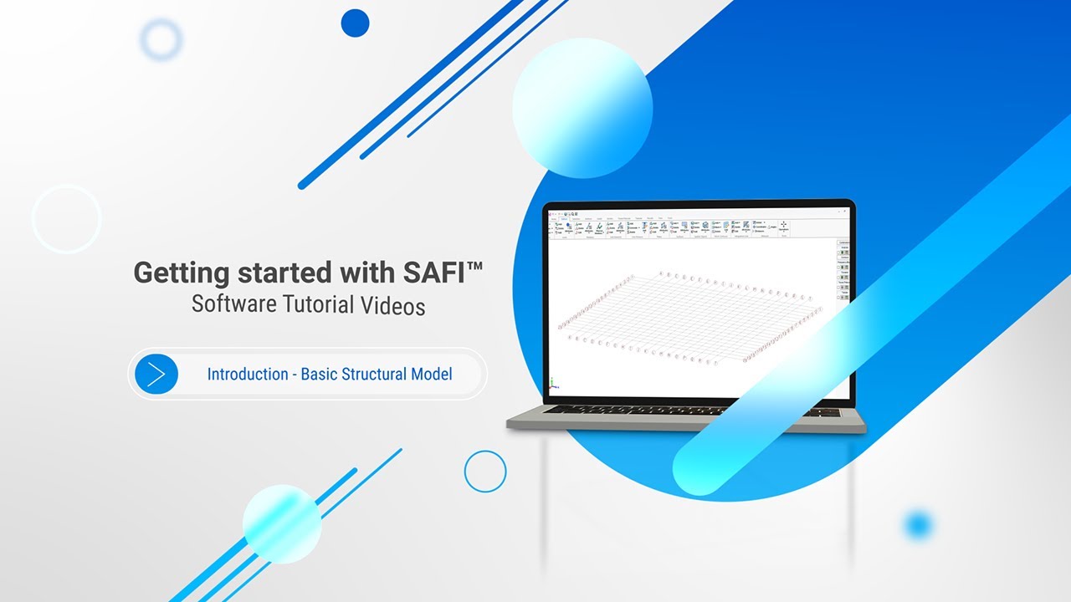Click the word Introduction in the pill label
pyautogui.click(x=248, y=374)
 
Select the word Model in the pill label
pyautogui.click(x=431, y=374)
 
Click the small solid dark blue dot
pyautogui.click(x=356, y=23)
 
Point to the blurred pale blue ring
pyautogui.click(x=161, y=39)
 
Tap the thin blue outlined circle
pyautogui.click(x=485, y=472)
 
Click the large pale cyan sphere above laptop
pyautogui.click(x=582, y=108)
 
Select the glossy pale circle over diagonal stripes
pyautogui.click(x=282, y=524)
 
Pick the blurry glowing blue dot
pyautogui.click(x=918, y=525)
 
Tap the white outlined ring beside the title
pyautogui.click(x=67, y=218)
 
